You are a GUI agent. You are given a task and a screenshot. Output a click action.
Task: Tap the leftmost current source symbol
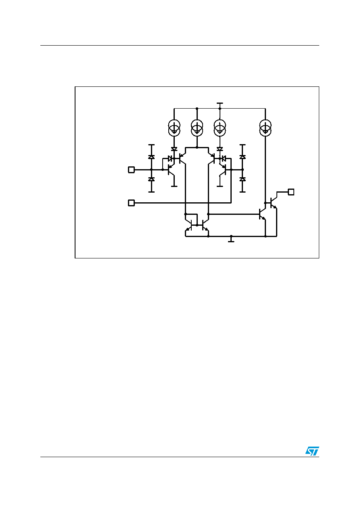tap(174, 128)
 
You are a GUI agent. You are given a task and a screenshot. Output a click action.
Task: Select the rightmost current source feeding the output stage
tap(265, 128)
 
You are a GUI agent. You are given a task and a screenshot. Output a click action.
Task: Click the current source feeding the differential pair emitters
tap(197, 128)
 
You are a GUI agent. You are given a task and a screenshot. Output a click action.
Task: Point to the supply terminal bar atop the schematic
tap(220, 103)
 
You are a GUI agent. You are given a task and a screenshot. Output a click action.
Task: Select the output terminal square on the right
tap(291, 192)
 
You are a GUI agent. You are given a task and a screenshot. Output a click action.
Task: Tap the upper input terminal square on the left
tap(131, 170)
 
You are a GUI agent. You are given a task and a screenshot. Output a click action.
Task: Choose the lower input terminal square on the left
tap(131, 203)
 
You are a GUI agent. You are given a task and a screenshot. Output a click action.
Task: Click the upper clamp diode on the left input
tap(151, 157)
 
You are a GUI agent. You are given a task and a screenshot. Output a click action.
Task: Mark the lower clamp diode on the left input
tap(151, 179)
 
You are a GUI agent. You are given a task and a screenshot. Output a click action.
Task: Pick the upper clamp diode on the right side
tap(243, 157)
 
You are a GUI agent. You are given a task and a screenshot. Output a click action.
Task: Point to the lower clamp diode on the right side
tap(243, 179)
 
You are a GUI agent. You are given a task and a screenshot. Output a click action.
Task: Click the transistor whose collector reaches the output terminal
tap(274, 203)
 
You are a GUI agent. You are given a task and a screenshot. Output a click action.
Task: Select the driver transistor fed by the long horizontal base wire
tap(262, 214)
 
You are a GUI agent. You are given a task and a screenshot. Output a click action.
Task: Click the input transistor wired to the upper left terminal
tap(171, 170)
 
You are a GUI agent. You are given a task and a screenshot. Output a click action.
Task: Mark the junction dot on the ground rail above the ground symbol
tap(231, 236)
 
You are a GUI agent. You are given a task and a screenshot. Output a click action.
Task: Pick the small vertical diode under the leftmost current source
tap(174, 149)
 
